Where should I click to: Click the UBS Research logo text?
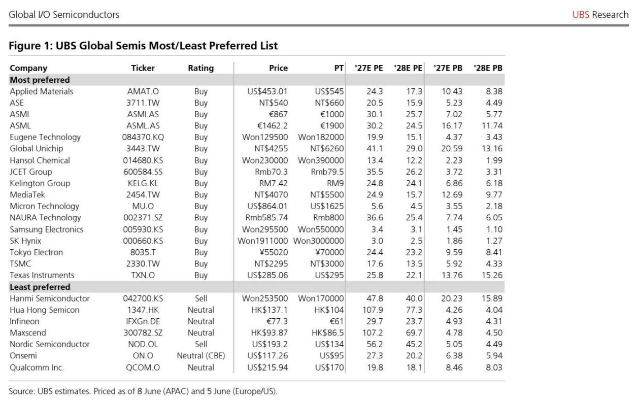(x=600, y=15)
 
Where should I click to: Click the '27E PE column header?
(x=369, y=68)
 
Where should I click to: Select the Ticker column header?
(x=143, y=68)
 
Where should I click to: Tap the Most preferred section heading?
(x=40, y=80)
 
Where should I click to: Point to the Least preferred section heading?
(x=40, y=287)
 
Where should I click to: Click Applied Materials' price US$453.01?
(x=267, y=91)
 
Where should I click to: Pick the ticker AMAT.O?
(x=143, y=91)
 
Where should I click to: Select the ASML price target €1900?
(x=332, y=126)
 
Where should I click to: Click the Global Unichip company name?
(x=36, y=148)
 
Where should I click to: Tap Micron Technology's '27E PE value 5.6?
(x=377, y=206)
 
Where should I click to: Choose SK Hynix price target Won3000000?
(x=318, y=241)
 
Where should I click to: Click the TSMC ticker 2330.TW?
(x=143, y=263)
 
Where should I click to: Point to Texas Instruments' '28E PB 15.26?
(x=492, y=275)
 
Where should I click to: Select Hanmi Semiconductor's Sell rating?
(x=201, y=298)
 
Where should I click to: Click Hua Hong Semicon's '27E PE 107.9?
(x=373, y=310)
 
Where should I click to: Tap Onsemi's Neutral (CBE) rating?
(x=201, y=356)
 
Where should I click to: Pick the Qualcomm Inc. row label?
(x=37, y=367)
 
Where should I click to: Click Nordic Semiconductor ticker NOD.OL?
(x=143, y=344)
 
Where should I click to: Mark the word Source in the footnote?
(x=21, y=391)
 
